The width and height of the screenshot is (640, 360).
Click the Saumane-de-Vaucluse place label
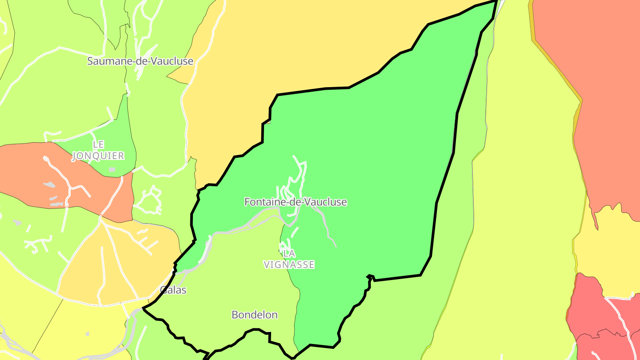point(140,61)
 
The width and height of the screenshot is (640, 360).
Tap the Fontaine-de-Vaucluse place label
point(296,202)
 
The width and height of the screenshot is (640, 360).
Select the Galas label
point(173,290)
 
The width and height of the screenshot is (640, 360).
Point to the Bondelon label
point(255,315)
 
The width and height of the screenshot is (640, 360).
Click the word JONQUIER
point(98,156)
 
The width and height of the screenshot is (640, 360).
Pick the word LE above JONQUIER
point(98,144)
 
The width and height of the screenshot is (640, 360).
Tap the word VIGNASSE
point(289,265)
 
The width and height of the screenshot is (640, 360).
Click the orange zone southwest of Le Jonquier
point(27,173)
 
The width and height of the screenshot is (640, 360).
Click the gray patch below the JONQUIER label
point(112,169)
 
